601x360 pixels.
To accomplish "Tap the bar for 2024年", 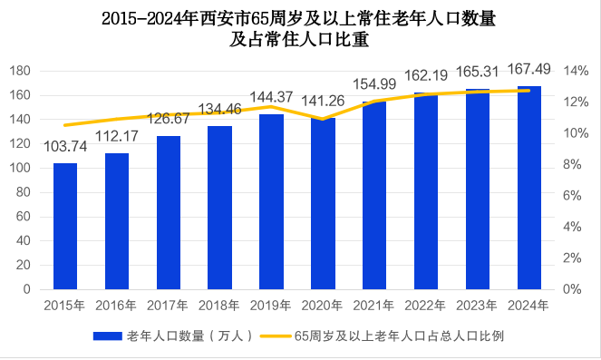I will click(529, 188).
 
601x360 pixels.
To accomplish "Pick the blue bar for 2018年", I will click(219, 208).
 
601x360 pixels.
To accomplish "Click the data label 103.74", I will click(65, 147).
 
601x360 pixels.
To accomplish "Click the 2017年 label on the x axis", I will click(168, 306).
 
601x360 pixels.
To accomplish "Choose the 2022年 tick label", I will click(426, 306).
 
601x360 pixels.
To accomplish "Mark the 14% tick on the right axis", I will click(576, 71).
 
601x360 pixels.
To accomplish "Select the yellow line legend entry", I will click(399, 336).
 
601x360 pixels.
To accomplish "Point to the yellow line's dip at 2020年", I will click(323, 119).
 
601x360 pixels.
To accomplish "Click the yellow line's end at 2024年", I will click(529, 90).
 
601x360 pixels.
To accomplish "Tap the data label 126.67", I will click(168, 119).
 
